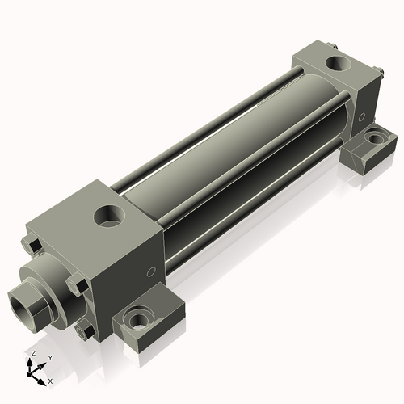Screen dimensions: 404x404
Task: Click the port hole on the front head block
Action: [x=107, y=215]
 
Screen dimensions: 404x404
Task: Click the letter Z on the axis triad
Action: [x=33, y=354]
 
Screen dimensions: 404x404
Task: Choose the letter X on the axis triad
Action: [x=50, y=380]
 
